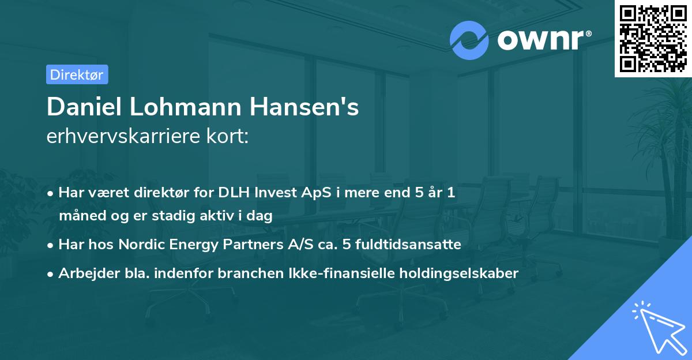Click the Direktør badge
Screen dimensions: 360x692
click(77, 74)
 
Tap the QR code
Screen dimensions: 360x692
click(653, 38)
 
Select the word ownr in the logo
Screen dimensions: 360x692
click(541, 40)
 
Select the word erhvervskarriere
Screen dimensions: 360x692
click(122, 136)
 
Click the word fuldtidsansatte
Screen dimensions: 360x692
click(412, 245)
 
